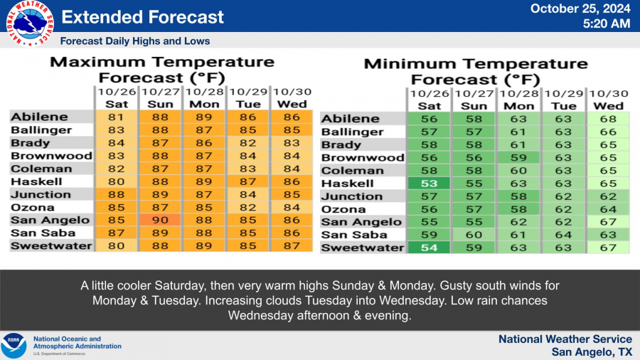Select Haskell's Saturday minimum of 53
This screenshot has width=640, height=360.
[429, 184]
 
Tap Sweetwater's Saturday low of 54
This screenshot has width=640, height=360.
[429, 248]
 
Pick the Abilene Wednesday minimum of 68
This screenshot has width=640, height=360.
[609, 119]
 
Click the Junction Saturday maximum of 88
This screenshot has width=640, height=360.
[117, 194]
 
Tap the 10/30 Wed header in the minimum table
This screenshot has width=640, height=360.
[609, 100]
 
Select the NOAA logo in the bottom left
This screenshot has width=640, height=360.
[14, 346]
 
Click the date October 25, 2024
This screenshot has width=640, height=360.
[580, 9]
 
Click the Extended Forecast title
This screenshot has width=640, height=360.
[142, 17]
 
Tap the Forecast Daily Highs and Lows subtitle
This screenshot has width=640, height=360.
[135, 41]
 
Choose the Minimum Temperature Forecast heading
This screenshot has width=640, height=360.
[476, 71]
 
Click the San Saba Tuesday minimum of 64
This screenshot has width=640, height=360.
[563, 235]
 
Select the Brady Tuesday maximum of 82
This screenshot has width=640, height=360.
[247, 143]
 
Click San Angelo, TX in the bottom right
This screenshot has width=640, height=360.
[592, 351]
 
